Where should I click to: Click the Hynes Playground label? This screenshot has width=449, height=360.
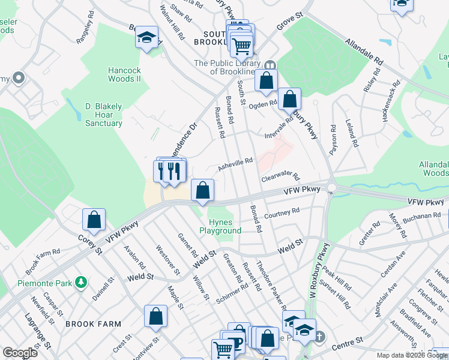220,226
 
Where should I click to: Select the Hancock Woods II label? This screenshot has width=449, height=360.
124,74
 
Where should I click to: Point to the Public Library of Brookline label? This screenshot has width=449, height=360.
227,67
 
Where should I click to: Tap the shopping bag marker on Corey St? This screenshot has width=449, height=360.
94,220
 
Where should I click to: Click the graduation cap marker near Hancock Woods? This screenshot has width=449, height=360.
146,38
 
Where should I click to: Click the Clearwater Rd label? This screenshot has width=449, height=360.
280,176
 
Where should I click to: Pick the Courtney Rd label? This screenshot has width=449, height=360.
282,212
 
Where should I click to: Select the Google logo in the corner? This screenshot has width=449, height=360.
20,353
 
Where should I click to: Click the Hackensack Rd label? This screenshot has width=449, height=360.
391,102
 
